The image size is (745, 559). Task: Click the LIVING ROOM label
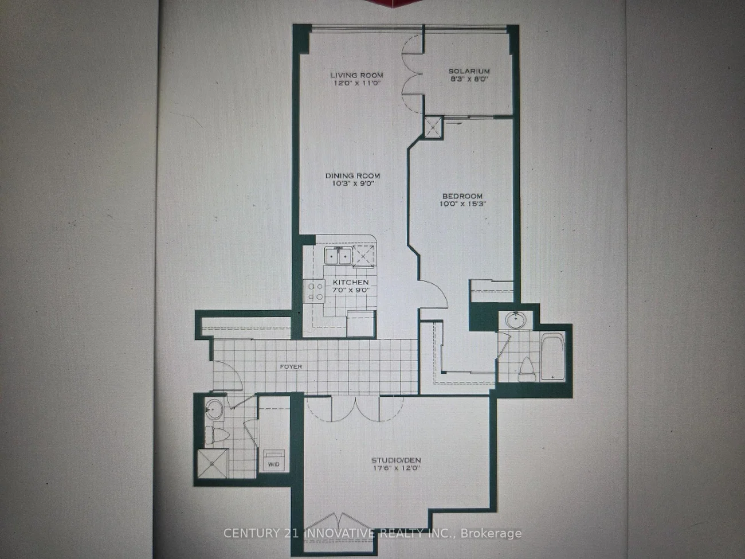356,75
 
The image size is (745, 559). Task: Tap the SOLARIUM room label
469,71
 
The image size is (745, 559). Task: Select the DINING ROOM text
352,176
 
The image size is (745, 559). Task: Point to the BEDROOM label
462,196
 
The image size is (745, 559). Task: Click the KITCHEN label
351,283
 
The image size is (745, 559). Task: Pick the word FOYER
291,366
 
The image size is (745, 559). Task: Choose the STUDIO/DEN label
396,460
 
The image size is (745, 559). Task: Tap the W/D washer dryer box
273,460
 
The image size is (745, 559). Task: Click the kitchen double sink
338,256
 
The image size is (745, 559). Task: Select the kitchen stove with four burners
314,291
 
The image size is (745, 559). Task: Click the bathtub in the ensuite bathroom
552,356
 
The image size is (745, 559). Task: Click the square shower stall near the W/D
213,463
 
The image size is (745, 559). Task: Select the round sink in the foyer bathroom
214,409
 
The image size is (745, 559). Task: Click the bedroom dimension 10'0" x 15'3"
462,204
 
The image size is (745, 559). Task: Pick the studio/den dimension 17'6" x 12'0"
396,468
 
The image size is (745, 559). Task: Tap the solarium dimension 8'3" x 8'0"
468,79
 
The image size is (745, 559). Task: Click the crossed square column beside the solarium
433,127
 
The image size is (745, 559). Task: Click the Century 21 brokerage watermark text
372,533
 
